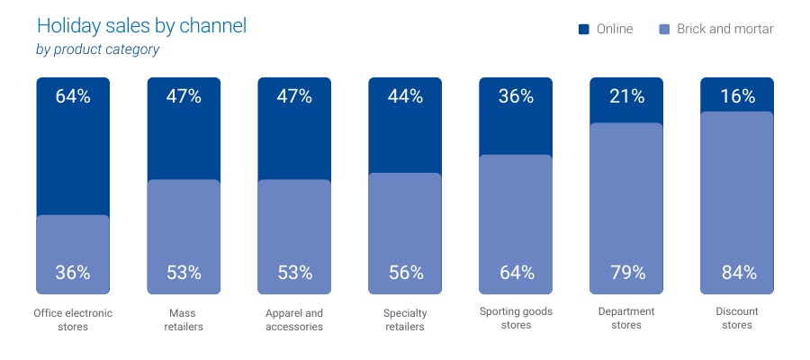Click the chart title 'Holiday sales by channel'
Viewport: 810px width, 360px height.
[x=141, y=26]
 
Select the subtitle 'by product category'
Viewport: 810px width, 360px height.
[x=97, y=49]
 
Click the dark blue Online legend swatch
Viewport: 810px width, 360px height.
[x=583, y=30]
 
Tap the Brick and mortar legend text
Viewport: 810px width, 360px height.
[x=725, y=30]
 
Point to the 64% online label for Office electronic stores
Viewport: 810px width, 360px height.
[x=73, y=96]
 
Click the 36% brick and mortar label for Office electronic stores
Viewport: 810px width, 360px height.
[x=73, y=272]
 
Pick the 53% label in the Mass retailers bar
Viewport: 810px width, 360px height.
[x=184, y=272]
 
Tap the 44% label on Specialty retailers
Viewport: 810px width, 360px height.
[x=405, y=96]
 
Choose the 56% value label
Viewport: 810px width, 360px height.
[x=405, y=272]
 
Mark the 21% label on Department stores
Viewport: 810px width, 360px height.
[x=626, y=96]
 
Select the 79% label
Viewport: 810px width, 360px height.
[x=626, y=272]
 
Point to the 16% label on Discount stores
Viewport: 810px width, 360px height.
[x=737, y=96]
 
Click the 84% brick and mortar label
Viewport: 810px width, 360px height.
[x=737, y=272]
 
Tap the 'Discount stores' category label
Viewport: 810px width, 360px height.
[x=737, y=319]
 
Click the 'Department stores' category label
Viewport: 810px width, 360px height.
[x=626, y=319]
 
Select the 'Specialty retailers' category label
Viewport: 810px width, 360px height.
[x=405, y=319]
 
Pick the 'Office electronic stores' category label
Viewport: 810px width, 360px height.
[x=73, y=319]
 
